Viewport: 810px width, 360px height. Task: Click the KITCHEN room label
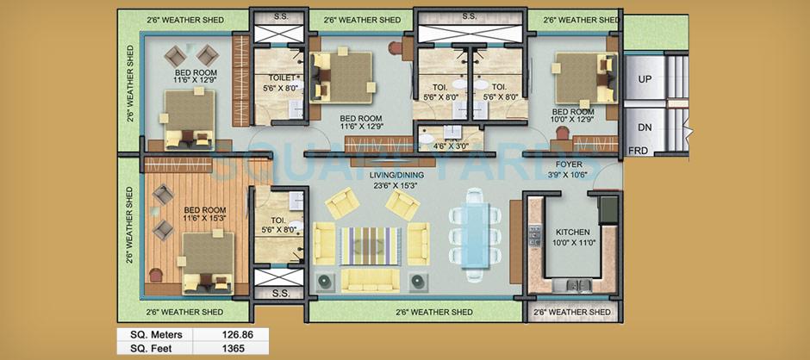pos(572,233)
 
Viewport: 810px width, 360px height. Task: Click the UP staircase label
pos(645,79)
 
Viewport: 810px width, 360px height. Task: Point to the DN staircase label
pos(645,127)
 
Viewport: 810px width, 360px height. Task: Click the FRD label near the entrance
pos(639,151)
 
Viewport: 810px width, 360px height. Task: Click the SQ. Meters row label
pos(151,334)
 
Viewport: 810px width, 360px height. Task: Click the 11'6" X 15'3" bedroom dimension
pos(203,219)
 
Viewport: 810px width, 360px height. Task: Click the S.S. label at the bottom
pos(279,293)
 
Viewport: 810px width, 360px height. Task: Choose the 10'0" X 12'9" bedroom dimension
pos(573,121)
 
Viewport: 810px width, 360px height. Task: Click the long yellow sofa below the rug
pos(371,277)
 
